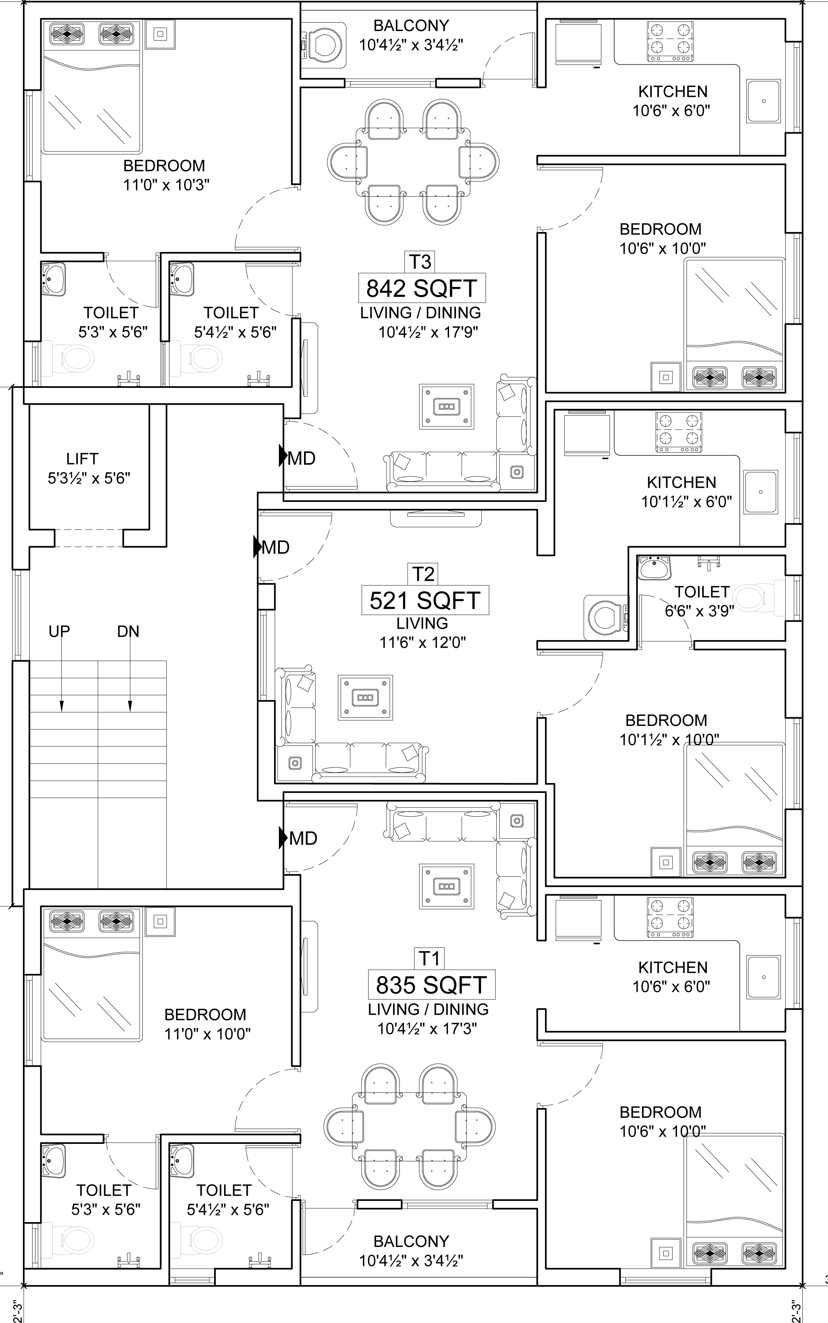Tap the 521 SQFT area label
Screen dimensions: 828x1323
pos(425,600)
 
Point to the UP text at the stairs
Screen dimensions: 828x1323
pos(60,632)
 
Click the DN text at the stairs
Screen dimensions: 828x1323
pos(128,632)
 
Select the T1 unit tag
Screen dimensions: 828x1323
pos(429,959)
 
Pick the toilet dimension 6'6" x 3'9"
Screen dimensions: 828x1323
pos(699,611)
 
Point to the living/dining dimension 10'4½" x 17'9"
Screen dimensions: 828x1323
pos(428,332)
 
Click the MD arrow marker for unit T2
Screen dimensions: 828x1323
pos(257,547)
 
